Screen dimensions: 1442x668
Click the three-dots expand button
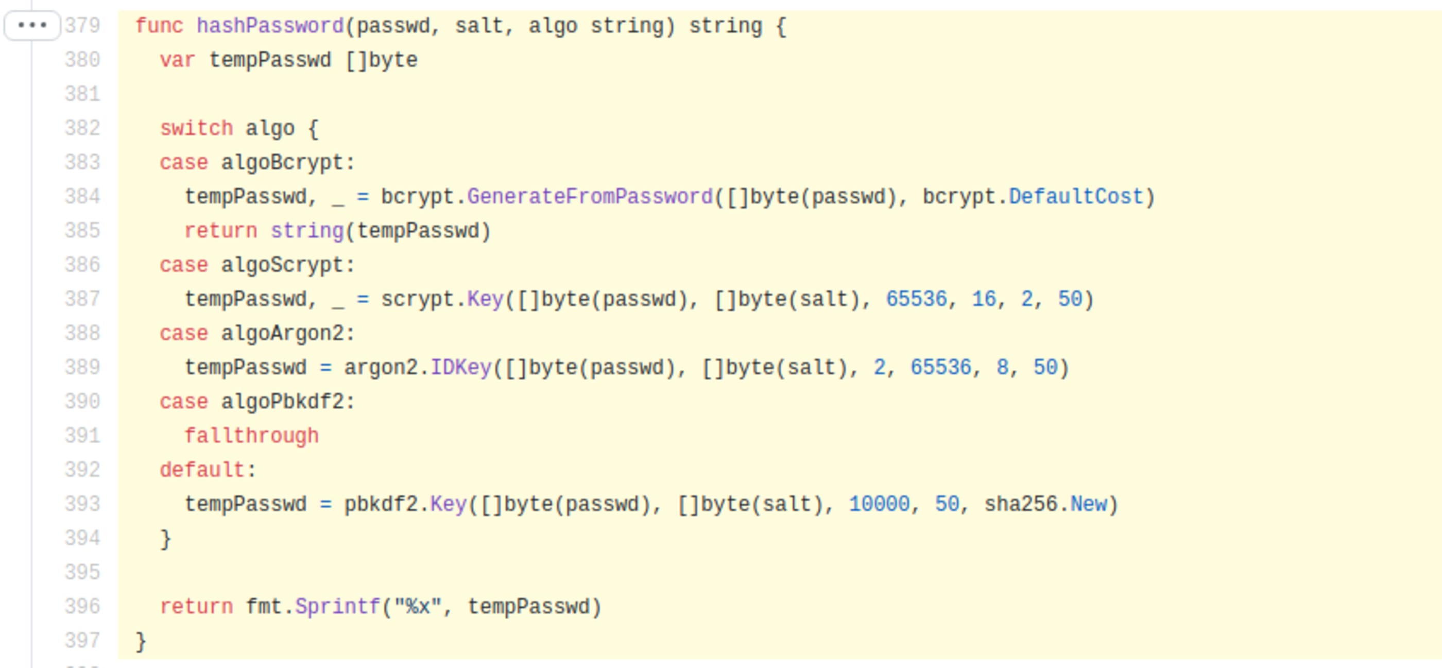click(x=32, y=25)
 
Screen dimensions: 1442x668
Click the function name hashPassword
click(x=270, y=26)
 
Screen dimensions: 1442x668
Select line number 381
click(x=82, y=94)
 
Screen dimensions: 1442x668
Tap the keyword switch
click(x=196, y=128)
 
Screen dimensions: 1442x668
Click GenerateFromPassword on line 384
click(x=590, y=197)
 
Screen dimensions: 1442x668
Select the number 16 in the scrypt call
click(x=984, y=299)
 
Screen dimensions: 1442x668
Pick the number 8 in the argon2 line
click(x=1002, y=367)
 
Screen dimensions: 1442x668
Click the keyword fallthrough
click(x=251, y=436)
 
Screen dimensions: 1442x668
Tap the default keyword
click(x=202, y=470)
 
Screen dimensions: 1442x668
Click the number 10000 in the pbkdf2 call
click(x=879, y=504)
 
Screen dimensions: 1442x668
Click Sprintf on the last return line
click(x=337, y=606)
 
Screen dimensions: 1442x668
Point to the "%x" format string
click(x=418, y=606)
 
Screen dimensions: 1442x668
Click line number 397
click(x=82, y=641)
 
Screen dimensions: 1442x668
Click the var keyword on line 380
click(x=177, y=60)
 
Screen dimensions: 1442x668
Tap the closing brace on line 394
click(x=166, y=539)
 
